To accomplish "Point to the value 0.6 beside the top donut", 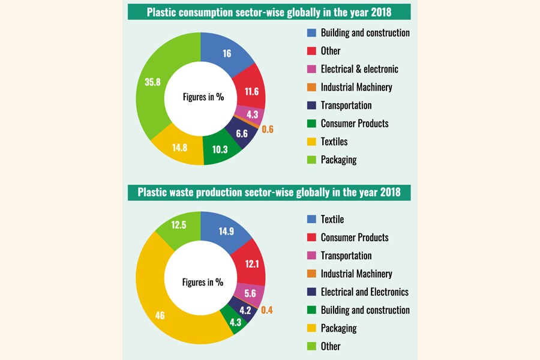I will [x=268, y=129].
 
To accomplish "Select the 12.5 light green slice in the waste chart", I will [x=178, y=225].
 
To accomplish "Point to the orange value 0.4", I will [x=267, y=309].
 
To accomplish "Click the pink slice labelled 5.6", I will [x=251, y=293].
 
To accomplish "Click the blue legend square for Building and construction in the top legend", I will [x=311, y=33].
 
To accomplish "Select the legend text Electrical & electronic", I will [x=359, y=69].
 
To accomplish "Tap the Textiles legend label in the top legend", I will [x=334, y=142].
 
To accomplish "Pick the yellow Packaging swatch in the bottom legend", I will [x=311, y=328].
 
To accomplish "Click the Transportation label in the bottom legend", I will [x=346, y=256].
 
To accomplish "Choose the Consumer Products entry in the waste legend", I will [x=354, y=238].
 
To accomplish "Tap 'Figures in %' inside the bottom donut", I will [x=203, y=281].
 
